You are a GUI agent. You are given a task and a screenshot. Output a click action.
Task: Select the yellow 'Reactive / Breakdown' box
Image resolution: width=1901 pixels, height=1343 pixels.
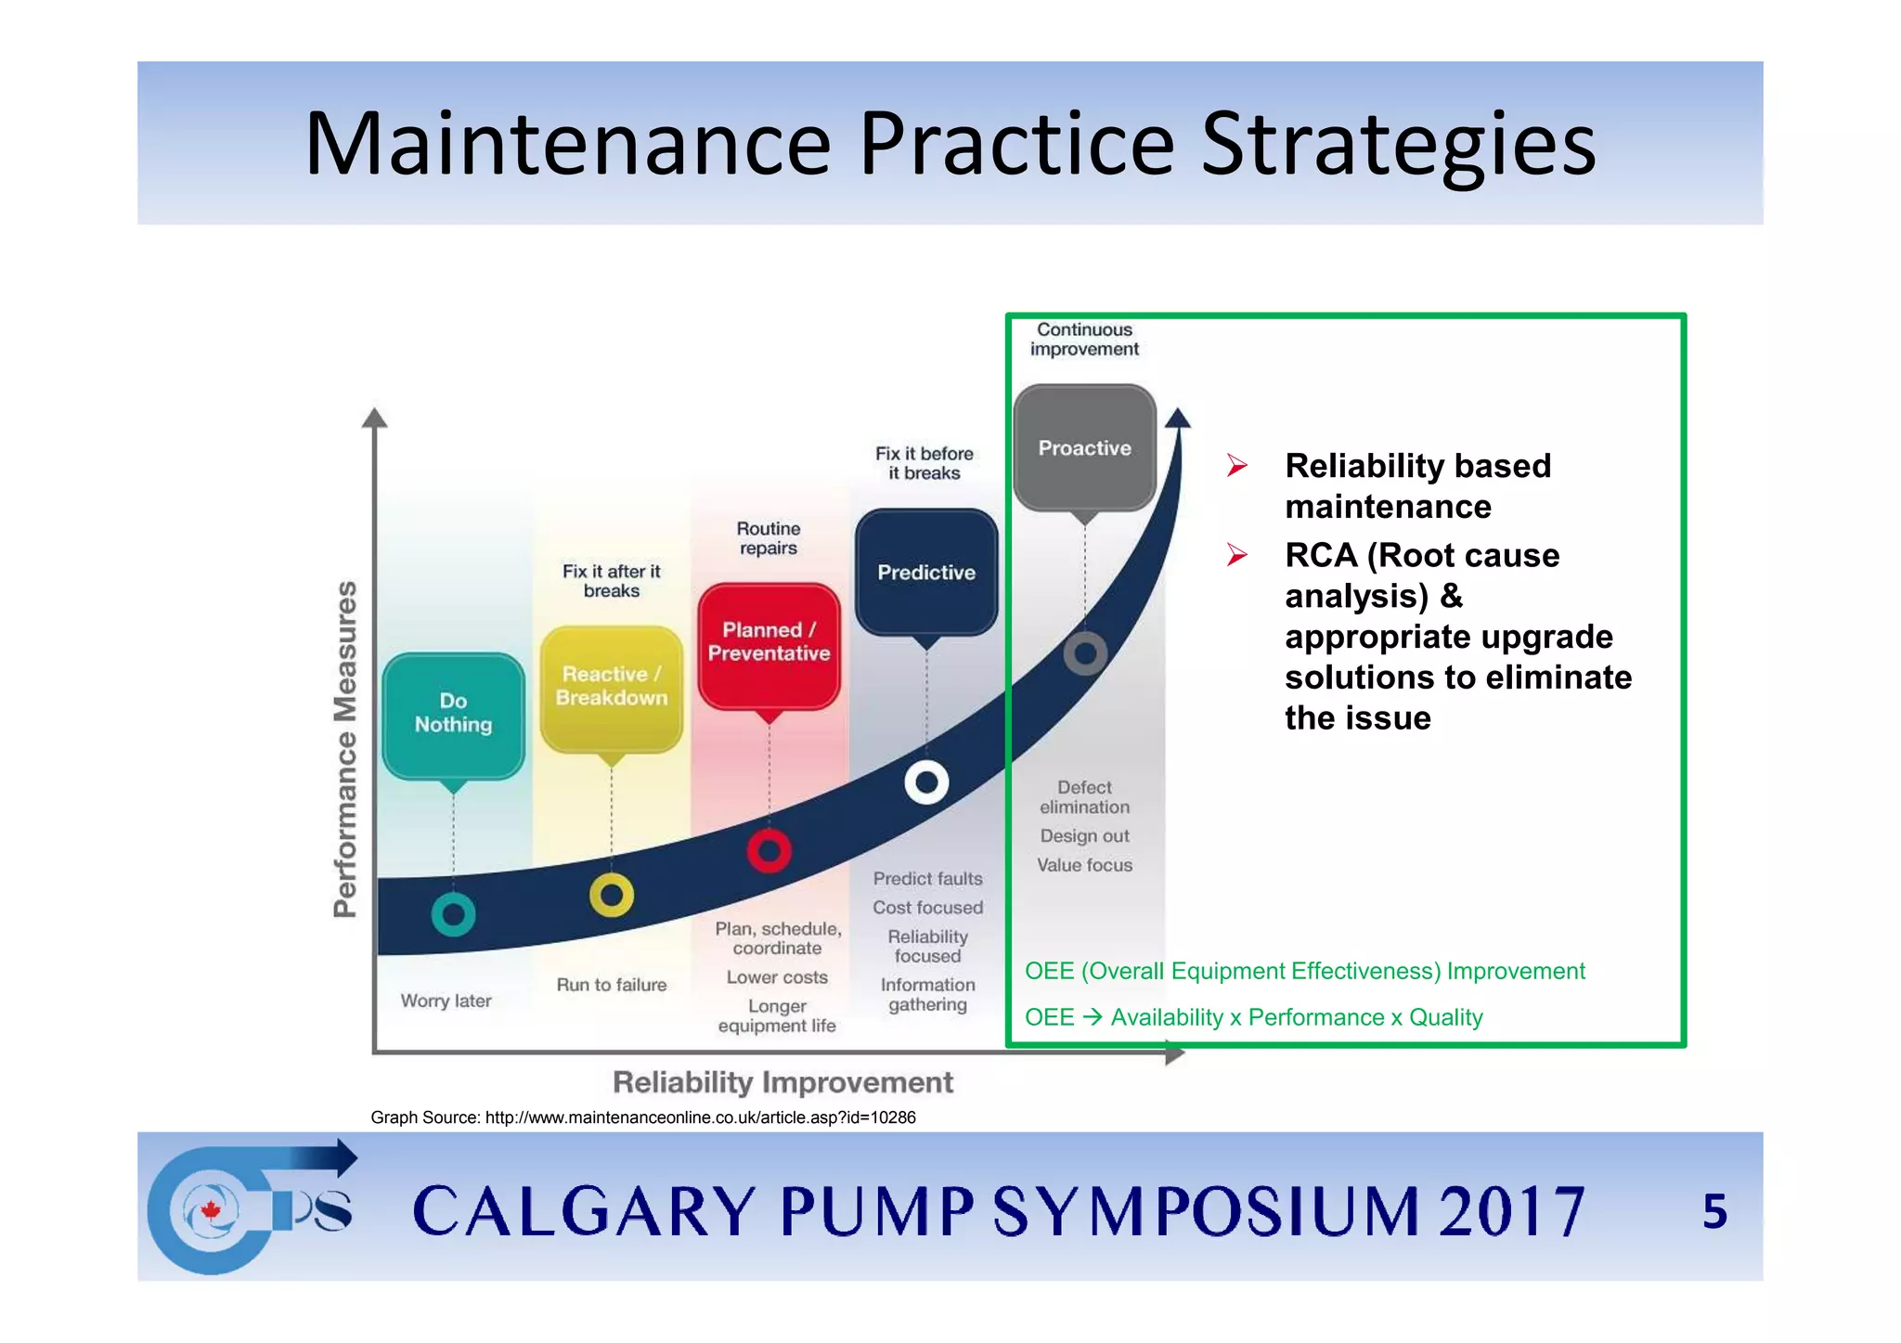click(x=611, y=687)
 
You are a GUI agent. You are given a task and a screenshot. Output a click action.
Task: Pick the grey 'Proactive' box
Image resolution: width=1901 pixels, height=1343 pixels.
click(x=1084, y=448)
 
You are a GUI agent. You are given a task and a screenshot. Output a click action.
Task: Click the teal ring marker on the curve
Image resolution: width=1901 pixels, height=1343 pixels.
click(x=453, y=915)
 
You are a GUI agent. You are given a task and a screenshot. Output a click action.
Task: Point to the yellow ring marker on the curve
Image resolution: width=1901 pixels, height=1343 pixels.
click(x=611, y=896)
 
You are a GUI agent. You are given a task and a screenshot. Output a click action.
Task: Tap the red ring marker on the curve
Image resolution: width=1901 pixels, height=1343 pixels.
click(x=769, y=850)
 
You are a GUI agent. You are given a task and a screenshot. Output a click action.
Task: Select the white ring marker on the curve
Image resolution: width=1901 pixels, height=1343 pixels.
click(x=926, y=783)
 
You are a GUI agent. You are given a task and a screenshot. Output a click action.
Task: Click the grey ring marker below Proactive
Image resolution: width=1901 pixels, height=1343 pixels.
click(x=1084, y=654)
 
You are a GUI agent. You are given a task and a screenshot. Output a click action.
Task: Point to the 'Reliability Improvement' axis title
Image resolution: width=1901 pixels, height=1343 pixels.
click(x=782, y=1082)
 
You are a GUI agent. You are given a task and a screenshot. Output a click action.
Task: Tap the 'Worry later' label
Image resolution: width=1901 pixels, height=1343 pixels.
click(x=446, y=1001)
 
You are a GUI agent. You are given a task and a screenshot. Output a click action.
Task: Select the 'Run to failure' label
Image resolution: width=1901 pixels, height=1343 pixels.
click(x=611, y=985)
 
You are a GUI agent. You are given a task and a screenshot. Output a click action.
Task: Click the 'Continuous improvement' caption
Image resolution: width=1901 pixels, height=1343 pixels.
click(x=1084, y=340)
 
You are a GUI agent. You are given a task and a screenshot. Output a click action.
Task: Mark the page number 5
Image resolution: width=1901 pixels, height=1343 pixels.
click(x=1714, y=1211)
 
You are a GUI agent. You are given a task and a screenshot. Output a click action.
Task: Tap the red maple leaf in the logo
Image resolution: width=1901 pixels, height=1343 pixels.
click(x=211, y=1210)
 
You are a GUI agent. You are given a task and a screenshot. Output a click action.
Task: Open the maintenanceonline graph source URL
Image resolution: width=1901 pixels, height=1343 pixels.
click(x=700, y=1117)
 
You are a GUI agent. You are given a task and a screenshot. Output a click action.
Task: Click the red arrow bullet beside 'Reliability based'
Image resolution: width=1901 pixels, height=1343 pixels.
click(x=1236, y=465)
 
